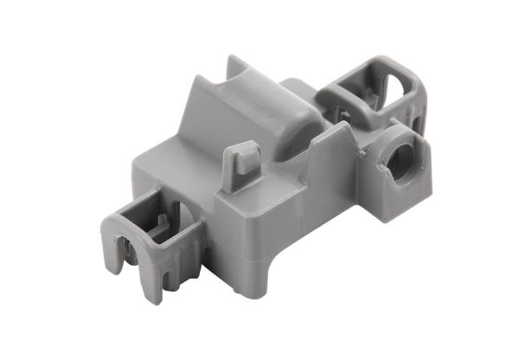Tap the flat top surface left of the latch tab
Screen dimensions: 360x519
click(x=177, y=173)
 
